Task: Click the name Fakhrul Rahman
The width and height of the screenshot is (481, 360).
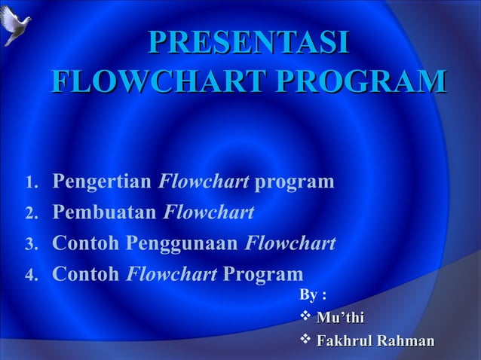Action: tap(375, 343)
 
